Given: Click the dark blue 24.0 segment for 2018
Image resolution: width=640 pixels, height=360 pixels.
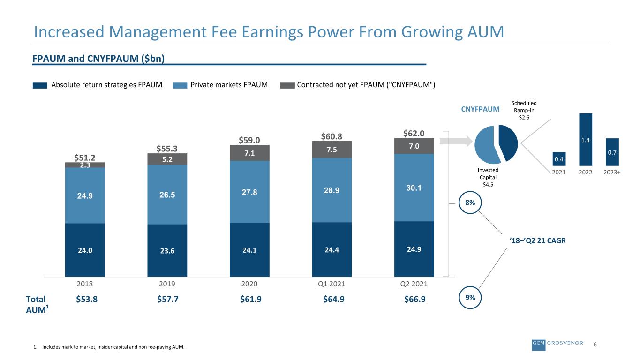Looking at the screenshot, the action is coord(85,250).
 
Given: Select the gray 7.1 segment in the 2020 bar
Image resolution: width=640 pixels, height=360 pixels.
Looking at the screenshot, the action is coord(249,153).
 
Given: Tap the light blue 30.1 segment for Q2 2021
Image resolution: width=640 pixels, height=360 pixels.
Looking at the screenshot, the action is coord(414,187).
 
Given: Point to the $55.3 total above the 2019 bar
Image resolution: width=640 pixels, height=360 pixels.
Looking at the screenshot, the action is coord(167,149).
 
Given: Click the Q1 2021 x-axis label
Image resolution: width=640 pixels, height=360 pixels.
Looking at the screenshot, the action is coord(331,284).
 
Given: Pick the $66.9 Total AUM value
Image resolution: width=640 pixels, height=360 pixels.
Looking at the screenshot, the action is coord(414,299).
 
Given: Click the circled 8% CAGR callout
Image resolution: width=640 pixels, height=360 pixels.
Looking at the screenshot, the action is coord(470,202).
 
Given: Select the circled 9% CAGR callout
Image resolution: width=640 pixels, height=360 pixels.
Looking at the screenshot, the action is coord(470,298).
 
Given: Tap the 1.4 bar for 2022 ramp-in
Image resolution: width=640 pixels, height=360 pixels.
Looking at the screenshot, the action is coord(586,139).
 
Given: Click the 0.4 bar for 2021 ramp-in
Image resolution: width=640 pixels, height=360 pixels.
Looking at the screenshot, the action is coord(559,159).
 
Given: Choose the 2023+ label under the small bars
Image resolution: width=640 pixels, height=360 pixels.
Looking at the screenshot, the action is coord(612,172).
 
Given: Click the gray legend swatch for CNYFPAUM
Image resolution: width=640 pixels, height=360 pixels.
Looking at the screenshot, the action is coord(287,85).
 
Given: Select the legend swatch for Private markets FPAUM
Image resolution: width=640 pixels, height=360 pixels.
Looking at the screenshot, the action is coord(180,85).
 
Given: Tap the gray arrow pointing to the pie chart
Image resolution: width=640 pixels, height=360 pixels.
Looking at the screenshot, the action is coord(456,141).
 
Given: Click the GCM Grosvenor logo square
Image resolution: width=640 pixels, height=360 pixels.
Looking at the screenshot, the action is coord(539,345).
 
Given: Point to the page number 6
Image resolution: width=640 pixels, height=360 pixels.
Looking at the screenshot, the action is coord(595,344).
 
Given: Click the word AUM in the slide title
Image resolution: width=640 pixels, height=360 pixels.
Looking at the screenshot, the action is coord(486,32).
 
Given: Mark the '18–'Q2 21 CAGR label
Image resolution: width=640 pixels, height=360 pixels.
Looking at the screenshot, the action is coord(537,240).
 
